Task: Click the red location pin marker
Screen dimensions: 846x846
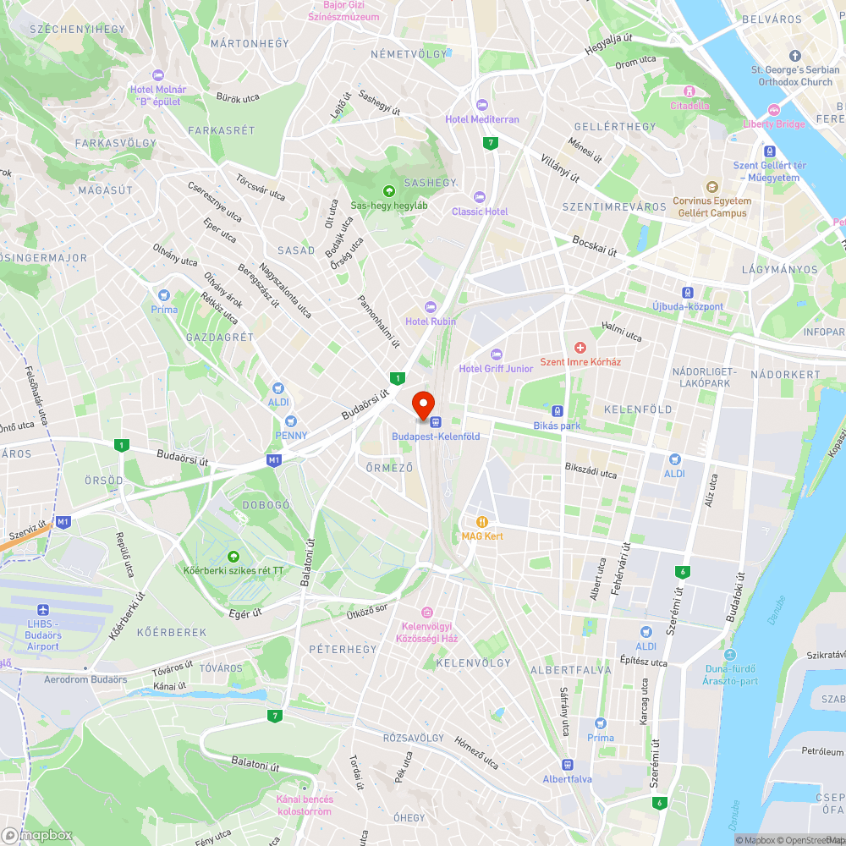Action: (423, 403)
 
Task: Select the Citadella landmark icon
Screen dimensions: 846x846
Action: (689, 91)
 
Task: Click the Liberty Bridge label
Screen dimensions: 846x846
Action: (773, 124)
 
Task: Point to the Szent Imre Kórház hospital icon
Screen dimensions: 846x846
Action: (580, 348)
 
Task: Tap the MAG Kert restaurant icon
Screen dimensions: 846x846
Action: (482, 522)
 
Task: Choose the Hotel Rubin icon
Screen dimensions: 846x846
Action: (431, 307)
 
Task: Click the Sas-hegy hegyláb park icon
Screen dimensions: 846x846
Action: (389, 190)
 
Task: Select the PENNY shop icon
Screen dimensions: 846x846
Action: (291, 420)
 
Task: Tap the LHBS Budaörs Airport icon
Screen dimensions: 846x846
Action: (42, 610)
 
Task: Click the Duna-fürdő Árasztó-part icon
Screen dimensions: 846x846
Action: (730, 655)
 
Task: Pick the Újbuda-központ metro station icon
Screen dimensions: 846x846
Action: (688, 292)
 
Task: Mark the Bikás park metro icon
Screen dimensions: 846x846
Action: (558, 411)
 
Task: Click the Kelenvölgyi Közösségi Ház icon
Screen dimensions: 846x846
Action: (427, 612)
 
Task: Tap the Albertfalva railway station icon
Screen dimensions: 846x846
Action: (568, 764)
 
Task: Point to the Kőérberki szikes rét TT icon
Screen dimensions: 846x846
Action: (233, 556)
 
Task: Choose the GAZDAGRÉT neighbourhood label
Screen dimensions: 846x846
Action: (220, 337)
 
